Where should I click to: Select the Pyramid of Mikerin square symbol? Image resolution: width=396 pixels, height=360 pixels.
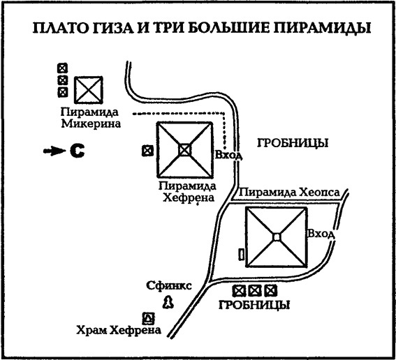tap(89, 90)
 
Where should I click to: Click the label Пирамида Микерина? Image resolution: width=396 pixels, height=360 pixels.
tap(90, 119)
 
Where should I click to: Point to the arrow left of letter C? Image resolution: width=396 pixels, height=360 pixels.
tap(52, 150)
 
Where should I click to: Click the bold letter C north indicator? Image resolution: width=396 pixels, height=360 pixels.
tap(76, 150)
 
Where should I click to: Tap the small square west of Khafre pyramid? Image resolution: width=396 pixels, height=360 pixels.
tap(147, 149)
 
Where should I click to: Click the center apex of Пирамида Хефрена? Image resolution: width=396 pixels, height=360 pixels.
tap(184, 149)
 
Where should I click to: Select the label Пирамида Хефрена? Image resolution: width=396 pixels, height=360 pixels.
tap(186, 192)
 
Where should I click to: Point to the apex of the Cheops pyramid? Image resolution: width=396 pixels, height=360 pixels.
tap(277, 238)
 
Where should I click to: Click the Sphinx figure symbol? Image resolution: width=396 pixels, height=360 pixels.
tap(168, 301)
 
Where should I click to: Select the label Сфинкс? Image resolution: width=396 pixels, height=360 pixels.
tap(165, 285)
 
